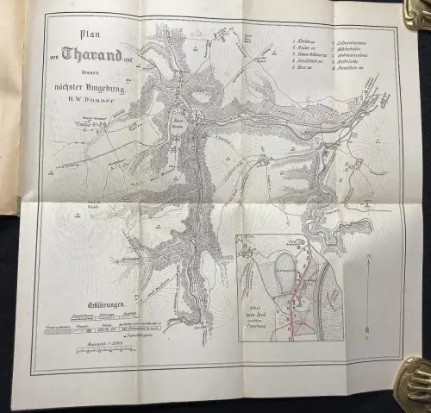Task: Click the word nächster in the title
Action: click(69, 83)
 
